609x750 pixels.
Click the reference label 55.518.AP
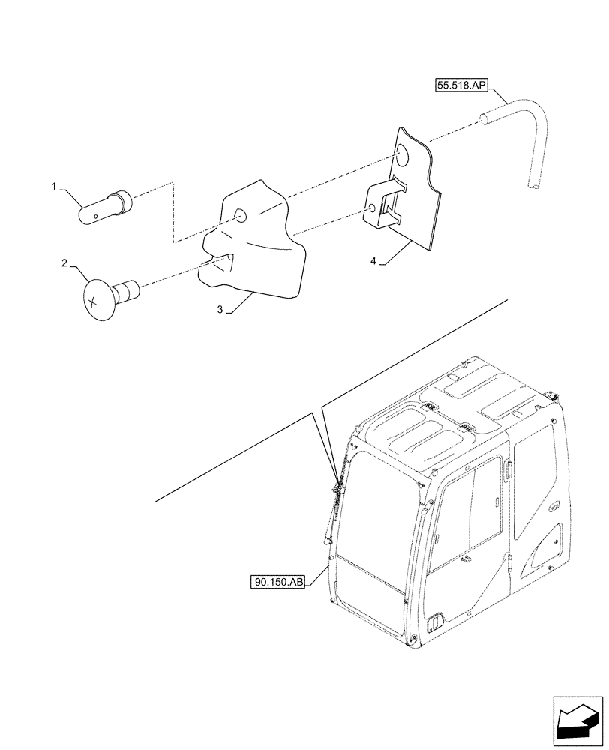point(461,86)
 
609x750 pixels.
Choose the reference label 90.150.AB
point(278,581)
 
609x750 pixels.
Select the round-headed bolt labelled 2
point(105,296)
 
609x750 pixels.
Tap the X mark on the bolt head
point(92,301)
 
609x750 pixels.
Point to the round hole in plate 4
point(403,156)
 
